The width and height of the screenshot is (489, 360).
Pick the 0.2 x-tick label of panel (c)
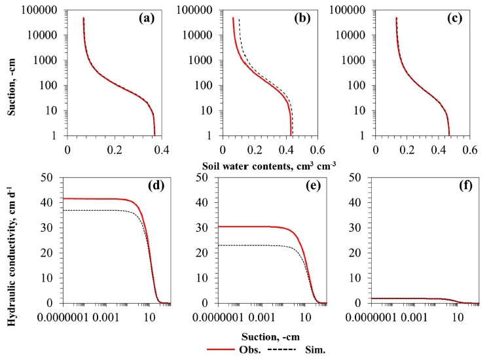(407, 149)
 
